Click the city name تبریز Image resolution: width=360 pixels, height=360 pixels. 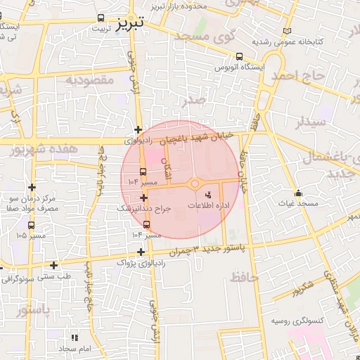[128, 23]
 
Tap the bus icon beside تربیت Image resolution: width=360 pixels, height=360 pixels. [102, 18]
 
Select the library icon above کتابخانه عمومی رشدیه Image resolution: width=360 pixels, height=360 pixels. [285, 32]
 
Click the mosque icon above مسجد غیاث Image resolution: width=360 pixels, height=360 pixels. [298, 193]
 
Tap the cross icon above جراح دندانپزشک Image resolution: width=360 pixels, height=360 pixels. [144, 199]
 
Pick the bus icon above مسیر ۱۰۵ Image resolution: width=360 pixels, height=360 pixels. [31, 224]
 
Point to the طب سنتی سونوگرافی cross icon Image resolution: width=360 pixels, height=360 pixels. [54, 265]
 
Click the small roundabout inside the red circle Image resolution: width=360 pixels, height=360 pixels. [195, 184]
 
